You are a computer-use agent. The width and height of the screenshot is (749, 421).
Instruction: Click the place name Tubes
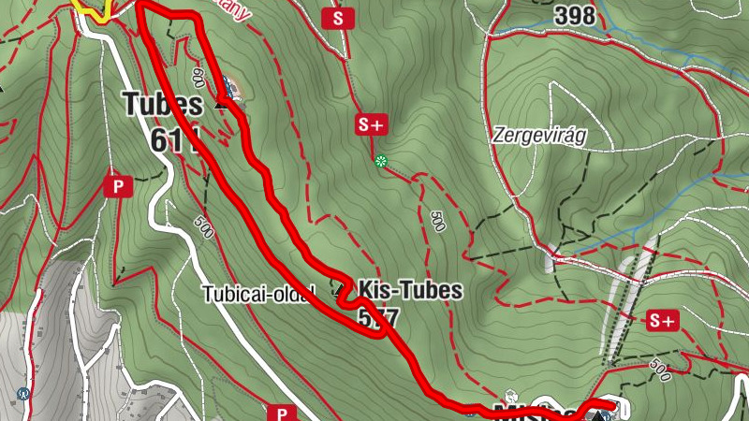coord(162,103)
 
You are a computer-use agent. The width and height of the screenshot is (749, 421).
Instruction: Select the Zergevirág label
coord(538,135)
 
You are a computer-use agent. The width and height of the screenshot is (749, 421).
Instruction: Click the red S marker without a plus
coord(338,18)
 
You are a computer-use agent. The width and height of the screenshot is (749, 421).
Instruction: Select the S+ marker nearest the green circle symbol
coord(371,123)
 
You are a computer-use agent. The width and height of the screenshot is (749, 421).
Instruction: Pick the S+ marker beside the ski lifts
coord(662,321)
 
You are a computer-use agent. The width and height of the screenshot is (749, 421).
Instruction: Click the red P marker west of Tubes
coord(118,185)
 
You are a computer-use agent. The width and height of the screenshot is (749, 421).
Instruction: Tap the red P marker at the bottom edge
coord(281,413)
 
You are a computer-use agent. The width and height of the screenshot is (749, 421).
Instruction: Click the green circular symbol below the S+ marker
coord(381,162)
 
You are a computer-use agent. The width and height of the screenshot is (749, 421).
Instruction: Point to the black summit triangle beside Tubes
coord(221,104)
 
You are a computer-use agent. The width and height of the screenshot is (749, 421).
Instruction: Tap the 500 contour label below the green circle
coord(437,221)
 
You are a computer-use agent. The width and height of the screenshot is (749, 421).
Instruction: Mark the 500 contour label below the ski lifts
coord(659,372)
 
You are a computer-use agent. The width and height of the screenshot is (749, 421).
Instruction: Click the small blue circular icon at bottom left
coord(22,394)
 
